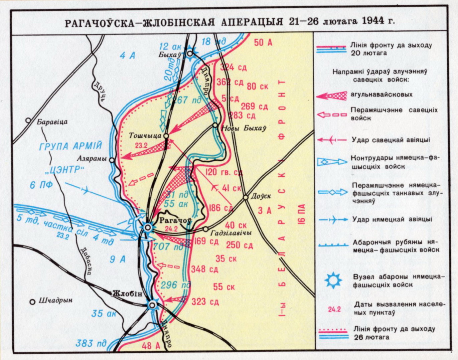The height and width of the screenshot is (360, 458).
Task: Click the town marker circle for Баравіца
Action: point(29,120)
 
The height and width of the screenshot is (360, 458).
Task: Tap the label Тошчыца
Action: point(145,136)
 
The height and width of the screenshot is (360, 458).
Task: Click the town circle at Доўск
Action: point(246,197)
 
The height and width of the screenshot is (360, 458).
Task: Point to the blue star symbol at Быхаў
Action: point(190,53)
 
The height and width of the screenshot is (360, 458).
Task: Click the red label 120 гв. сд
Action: point(223,172)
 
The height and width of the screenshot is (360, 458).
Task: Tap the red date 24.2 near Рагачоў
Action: point(171,229)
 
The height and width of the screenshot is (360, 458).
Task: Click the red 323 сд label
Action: point(205,302)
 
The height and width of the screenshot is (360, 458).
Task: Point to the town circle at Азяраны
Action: point(112,160)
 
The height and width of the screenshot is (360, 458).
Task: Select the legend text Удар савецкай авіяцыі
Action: point(391,140)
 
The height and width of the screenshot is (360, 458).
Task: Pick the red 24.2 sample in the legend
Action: point(334,309)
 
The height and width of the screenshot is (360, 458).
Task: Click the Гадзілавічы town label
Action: point(231,233)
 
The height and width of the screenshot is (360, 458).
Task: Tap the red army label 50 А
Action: point(263,42)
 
